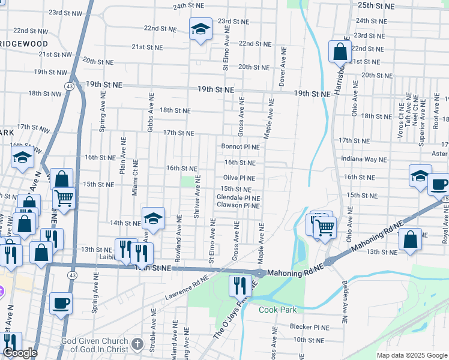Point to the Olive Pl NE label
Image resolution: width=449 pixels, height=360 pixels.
239,178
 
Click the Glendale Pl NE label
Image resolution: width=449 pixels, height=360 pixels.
238,197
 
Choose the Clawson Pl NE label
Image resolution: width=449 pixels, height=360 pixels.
238,205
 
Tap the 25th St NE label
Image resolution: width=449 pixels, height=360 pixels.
376,5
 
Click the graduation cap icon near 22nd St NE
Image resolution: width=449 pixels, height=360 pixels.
200,28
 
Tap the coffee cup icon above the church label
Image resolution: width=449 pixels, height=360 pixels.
61,303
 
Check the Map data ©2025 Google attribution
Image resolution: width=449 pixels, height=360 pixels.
411,355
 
